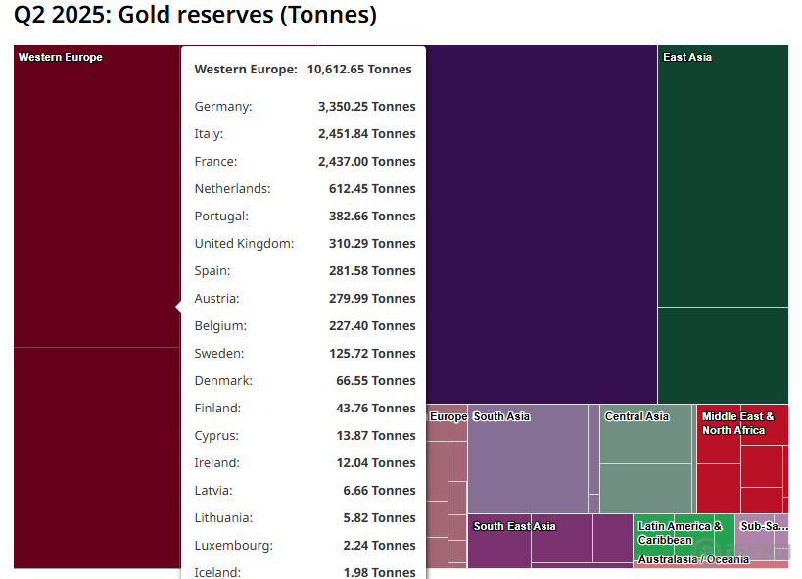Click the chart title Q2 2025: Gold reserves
tap(195, 17)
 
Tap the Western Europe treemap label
tap(60, 57)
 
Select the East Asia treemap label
tap(687, 57)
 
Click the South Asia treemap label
tap(501, 416)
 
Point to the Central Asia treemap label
tap(637, 416)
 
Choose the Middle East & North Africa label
tap(737, 423)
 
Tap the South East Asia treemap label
tap(514, 526)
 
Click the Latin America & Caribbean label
tap(680, 533)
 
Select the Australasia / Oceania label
tap(693, 560)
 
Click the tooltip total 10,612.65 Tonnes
tap(359, 70)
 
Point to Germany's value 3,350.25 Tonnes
tap(366, 107)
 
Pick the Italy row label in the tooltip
tap(209, 134)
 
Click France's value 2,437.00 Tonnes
tap(366, 162)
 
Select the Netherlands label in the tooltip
tap(232, 189)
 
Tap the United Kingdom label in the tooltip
tap(244, 244)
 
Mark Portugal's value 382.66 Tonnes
tap(372, 217)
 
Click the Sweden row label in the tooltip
tap(219, 354)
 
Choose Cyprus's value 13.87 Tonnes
tap(375, 436)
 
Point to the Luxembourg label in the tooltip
tap(233, 546)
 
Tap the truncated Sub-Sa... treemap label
tap(764, 526)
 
